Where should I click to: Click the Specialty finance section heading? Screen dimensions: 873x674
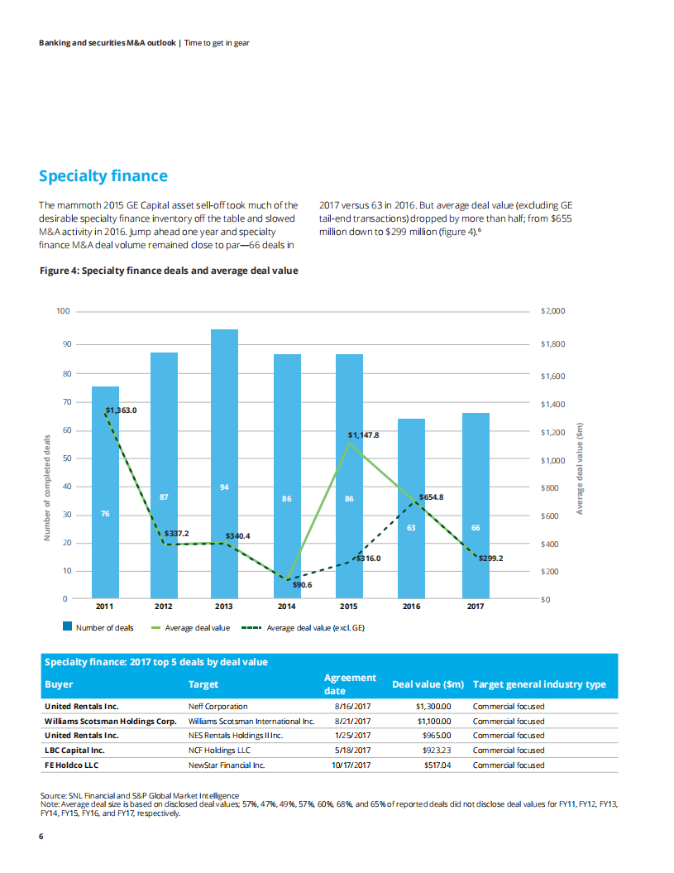click(103, 175)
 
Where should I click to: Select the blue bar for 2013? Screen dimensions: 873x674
click(224, 463)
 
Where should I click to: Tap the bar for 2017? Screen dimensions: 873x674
click(476, 505)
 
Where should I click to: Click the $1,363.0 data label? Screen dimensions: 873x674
click(121, 410)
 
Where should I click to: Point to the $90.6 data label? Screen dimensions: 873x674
click(302, 584)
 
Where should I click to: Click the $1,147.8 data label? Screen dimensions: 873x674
click(363, 434)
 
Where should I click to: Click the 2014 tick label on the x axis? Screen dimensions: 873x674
click(287, 607)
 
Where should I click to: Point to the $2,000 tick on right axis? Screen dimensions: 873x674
click(552, 312)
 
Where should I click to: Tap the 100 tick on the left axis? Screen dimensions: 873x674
click(63, 312)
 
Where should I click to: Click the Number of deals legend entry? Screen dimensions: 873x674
click(99, 628)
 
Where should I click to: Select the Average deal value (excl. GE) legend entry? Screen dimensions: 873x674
click(303, 628)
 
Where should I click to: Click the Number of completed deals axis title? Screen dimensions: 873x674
click(47, 491)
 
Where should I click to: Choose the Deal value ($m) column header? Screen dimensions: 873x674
click(428, 684)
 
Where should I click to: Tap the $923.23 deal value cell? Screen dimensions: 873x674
click(435, 751)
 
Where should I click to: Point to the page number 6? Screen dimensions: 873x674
click(41, 836)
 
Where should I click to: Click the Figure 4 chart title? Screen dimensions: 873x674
click(170, 270)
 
